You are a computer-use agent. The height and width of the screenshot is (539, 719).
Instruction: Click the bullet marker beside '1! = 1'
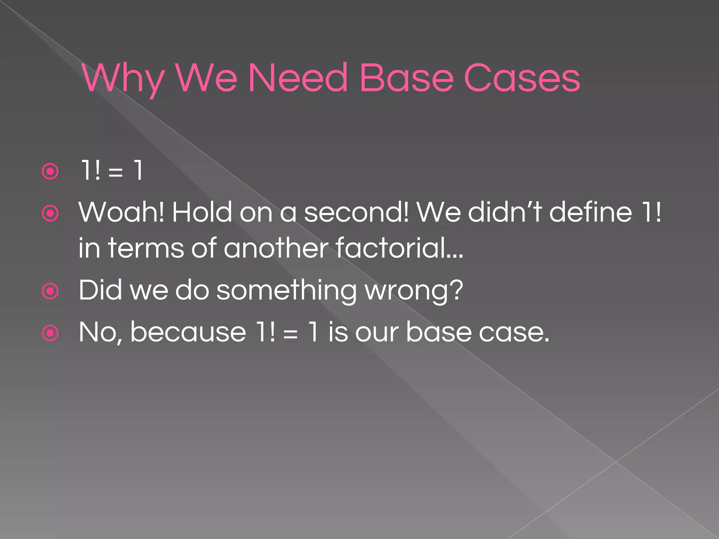pyautogui.click(x=50, y=172)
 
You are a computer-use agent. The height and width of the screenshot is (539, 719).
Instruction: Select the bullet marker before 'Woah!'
pyautogui.click(x=50, y=213)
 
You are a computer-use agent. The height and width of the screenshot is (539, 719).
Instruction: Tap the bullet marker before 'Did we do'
pyautogui.click(x=50, y=291)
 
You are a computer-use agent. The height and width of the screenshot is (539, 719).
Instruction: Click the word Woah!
pyautogui.click(x=121, y=212)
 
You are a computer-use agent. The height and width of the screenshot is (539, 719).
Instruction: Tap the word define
pyautogui.click(x=591, y=212)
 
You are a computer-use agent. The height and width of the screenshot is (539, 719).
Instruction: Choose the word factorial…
pyautogui.click(x=400, y=248)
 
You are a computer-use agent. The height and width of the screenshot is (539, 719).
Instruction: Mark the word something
pyautogui.click(x=286, y=291)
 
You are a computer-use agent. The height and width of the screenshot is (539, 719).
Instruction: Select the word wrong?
pyautogui.click(x=414, y=291)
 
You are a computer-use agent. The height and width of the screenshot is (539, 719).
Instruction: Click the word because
pyautogui.click(x=188, y=332)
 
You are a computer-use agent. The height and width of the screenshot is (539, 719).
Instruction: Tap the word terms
pyautogui.click(x=146, y=248)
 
